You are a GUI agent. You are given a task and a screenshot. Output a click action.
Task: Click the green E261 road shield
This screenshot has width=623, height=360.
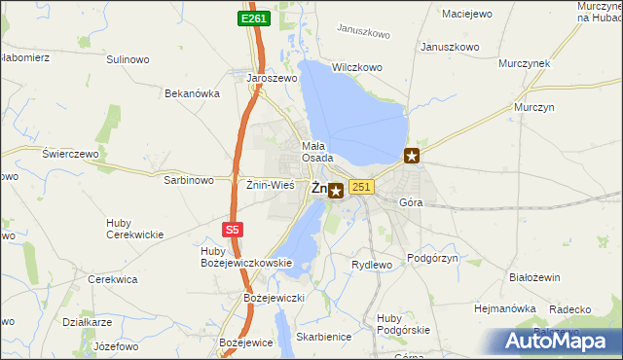click(x=255, y=18)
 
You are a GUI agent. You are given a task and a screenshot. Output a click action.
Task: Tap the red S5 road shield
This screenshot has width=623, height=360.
click(x=232, y=230)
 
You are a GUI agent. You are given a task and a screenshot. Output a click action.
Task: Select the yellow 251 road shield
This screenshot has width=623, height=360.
click(x=361, y=187)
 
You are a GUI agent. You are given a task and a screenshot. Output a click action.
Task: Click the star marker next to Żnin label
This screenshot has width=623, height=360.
click(x=336, y=192)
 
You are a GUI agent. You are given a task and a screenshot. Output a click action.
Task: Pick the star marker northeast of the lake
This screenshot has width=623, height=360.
click(x=413, y=155)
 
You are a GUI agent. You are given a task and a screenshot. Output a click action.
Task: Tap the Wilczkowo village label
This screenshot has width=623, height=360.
click(x=354, y=69)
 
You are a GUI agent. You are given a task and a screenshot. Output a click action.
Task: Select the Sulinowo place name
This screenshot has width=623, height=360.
click(x=128, y=59)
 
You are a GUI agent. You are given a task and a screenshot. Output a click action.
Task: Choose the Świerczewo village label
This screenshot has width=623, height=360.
click(x=71, y=154)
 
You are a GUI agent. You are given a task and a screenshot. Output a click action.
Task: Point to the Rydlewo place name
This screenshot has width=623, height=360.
click(x=371, y=265)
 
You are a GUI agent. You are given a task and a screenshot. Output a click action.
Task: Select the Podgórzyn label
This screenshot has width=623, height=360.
click(x=432, y=260)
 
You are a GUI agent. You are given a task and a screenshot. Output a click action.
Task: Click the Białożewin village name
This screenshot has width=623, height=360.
click(x=534, y=277)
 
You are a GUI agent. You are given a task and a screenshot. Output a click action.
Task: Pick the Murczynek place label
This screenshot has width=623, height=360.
click(x=524, y=63)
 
